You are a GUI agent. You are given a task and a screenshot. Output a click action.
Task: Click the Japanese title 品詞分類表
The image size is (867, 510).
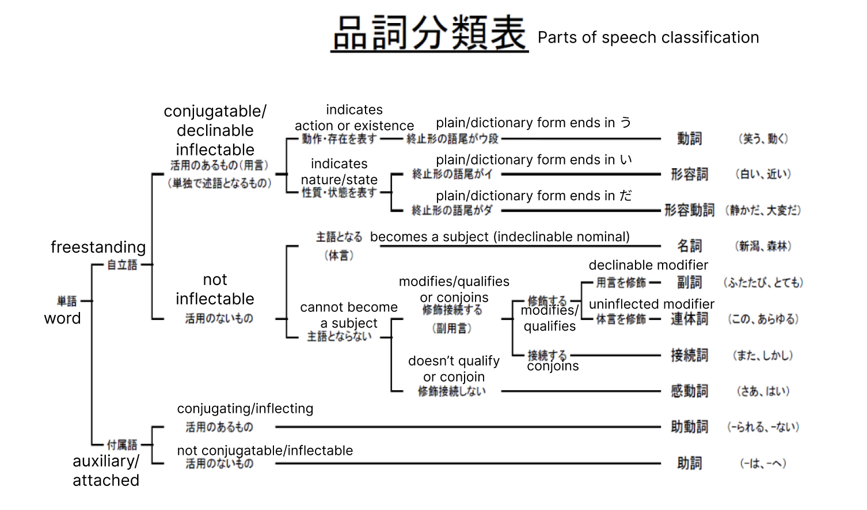[x=429, y=33]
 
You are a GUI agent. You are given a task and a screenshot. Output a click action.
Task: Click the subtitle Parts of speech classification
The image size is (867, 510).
[x=648, y=38]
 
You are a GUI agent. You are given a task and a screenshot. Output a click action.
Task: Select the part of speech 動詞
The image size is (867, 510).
[x=689, y=139]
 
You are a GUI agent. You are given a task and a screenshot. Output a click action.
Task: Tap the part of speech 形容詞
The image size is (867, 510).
[x=689, y=174]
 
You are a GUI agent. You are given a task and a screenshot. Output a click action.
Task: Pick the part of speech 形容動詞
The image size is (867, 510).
[x=689, y=210]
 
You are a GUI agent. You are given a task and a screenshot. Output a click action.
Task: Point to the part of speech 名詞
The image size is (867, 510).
[x=689, y=246]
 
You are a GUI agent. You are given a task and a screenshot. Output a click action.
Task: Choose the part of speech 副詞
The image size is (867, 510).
[x=689, y=283]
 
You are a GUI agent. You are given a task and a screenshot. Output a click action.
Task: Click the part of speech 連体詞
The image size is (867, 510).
[x=689, y=319]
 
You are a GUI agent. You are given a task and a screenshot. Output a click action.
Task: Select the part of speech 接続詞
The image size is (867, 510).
[x=689, y=355]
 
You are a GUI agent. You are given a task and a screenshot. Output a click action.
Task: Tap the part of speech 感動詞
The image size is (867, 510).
[x=689, y=391]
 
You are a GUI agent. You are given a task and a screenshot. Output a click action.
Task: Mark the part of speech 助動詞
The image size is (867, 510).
[x=689, y=427]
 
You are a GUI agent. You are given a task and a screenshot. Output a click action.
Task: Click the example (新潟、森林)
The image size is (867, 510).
[x=763, y=246]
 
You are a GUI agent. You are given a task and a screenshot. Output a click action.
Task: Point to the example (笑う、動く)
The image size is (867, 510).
[x=763, y=139]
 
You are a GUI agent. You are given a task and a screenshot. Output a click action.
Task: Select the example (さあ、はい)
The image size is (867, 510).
[x=763, y=391]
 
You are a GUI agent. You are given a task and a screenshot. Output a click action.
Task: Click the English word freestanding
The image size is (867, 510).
[x=98, y=248]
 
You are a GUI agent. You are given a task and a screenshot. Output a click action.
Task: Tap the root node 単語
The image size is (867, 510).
[x=67, y=301]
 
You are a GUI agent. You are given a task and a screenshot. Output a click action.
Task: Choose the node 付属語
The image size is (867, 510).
[x=122, y=444]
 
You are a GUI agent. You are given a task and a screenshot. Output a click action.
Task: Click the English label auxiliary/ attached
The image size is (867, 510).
[x=106, y=471]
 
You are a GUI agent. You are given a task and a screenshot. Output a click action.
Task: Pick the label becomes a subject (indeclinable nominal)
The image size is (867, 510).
[x=500, y=237]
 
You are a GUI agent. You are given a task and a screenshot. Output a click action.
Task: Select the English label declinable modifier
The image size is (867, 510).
[x=648, y=265]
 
